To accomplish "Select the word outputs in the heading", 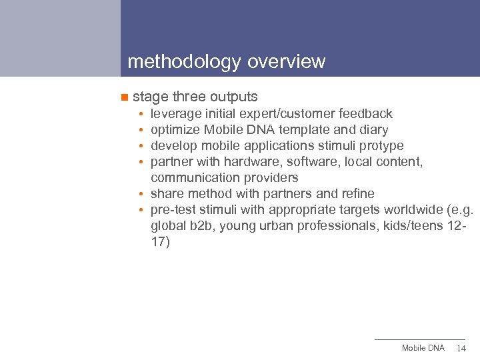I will (234, 97).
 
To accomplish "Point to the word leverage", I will (176, 114).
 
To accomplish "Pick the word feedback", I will (365, 114).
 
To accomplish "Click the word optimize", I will (175, 130).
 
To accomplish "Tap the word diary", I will (373, 130).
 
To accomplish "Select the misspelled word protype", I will (381, 146).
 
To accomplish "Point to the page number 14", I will (461, 349).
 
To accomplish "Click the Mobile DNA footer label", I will (423, 348).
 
